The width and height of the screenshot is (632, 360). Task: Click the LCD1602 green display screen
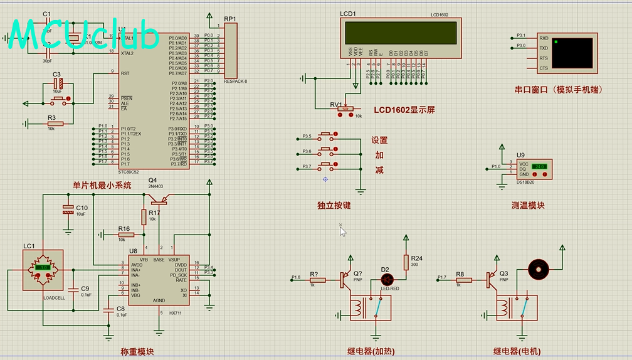click(x=401, y=33)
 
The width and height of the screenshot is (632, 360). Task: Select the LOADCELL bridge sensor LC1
click(x=43, y=270)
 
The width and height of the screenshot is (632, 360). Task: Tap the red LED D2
click(x=387, y=279)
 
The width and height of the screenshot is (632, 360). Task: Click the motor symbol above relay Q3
click(x=538, y=270)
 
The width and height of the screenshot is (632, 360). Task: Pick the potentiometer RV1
click(x=345, y=109)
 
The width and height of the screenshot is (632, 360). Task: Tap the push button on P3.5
click(x=326, y=135)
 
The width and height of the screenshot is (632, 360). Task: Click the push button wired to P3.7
click(x=326, y=166)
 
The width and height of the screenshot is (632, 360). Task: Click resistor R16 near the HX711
click(x=125, y=235)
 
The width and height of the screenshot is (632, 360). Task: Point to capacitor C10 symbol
click(x=68, y=209)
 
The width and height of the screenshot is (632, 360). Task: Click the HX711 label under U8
click(x=175, y=312)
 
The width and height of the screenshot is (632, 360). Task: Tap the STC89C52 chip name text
click(x=132, y=171)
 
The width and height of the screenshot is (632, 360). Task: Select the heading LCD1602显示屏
click(x=404, y=110)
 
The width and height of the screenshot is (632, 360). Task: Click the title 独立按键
click(x=334, y=205)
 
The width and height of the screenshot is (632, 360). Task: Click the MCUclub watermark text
click(x=85, y=34)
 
